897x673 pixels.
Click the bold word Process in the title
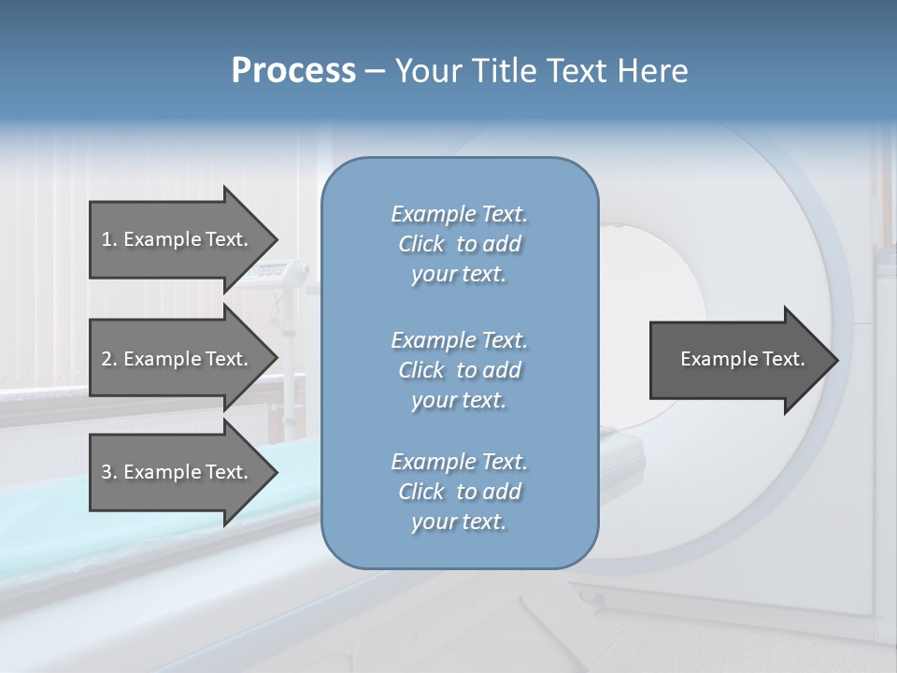(x=293, y=71)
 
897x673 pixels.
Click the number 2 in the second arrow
(x=107, y=359)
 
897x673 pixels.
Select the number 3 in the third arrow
(x=107, y=472)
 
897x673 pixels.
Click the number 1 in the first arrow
(x=107, y=239)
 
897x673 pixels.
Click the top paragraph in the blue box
(x=459, y=244)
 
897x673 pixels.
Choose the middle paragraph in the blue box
(x=459, y=369)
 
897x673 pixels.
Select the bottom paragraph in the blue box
(x=459, y=492)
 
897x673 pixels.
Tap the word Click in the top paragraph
(x=420, y=244)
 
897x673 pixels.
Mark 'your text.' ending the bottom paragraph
(x=459, y=523)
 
